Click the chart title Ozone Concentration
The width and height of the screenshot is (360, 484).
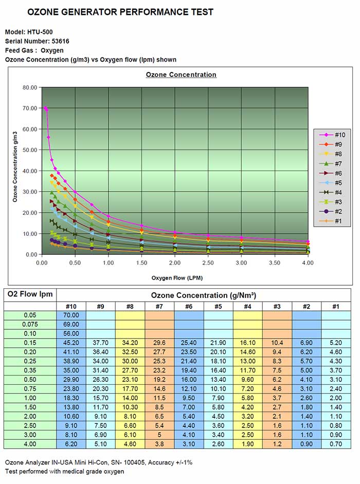click(x=181, y=75)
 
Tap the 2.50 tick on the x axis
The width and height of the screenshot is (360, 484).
click(x=208, y=263)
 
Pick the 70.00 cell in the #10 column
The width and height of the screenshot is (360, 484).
click(x=71, y=315)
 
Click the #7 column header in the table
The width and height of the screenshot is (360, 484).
click(x=159, y=306)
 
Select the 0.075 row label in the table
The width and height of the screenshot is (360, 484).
click(x=30, y=325)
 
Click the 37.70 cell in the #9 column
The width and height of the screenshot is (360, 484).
click(x=100, y=343)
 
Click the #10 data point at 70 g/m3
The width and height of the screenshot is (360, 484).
click(x=45, y=108)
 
